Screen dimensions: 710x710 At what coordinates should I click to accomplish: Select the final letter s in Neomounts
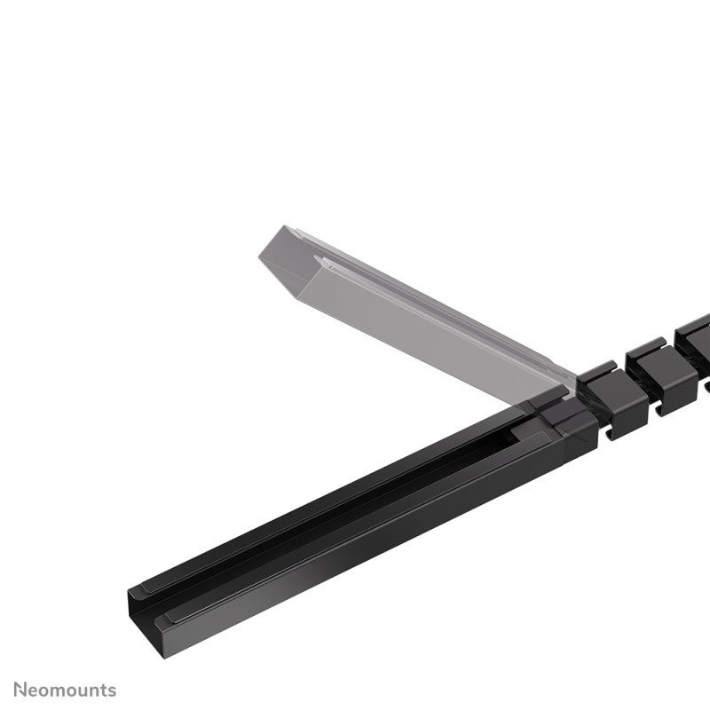pos(112,690)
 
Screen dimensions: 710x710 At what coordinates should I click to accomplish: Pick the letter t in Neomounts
pos(103,690)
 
